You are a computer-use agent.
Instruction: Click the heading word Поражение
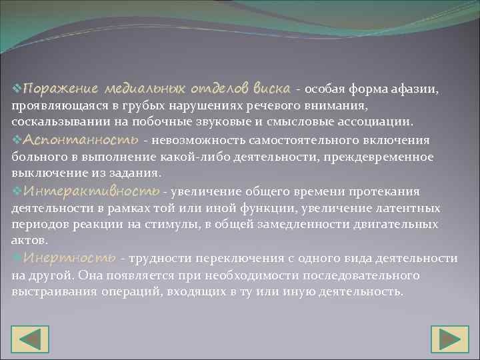(x=60, y=89)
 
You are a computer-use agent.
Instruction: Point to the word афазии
(x=415, y=89)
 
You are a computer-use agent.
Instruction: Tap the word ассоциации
(x=376, y=123)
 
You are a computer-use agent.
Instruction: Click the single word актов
(x=26, y=241)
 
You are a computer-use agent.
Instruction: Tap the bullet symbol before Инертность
(x=17, y=257)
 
